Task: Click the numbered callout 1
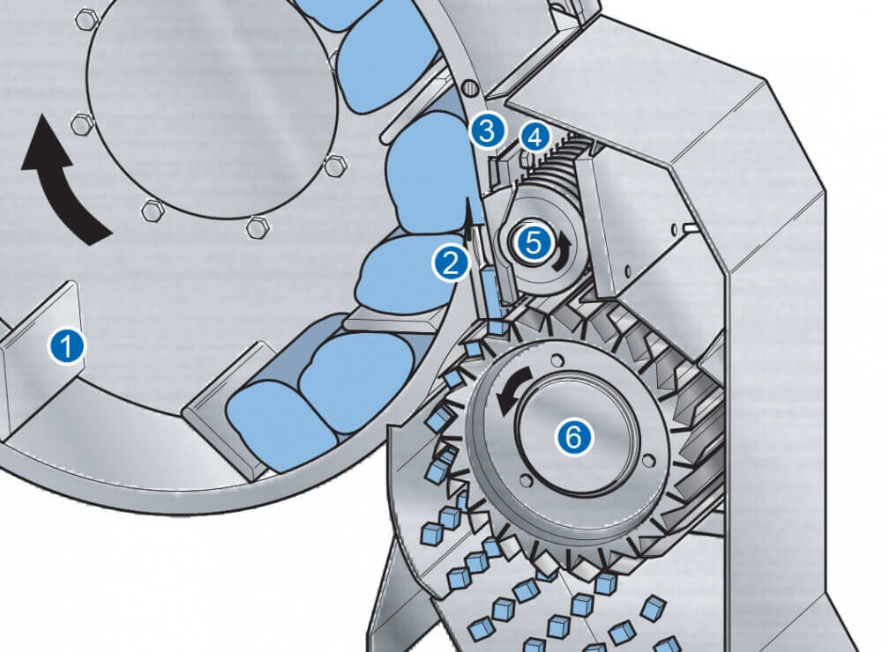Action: tap(66, 345)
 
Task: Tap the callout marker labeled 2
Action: tap(451, 263)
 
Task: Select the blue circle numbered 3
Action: tap(488, 130)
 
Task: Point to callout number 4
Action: tap(534, 137)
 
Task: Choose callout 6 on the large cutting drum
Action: tap(574, 436)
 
